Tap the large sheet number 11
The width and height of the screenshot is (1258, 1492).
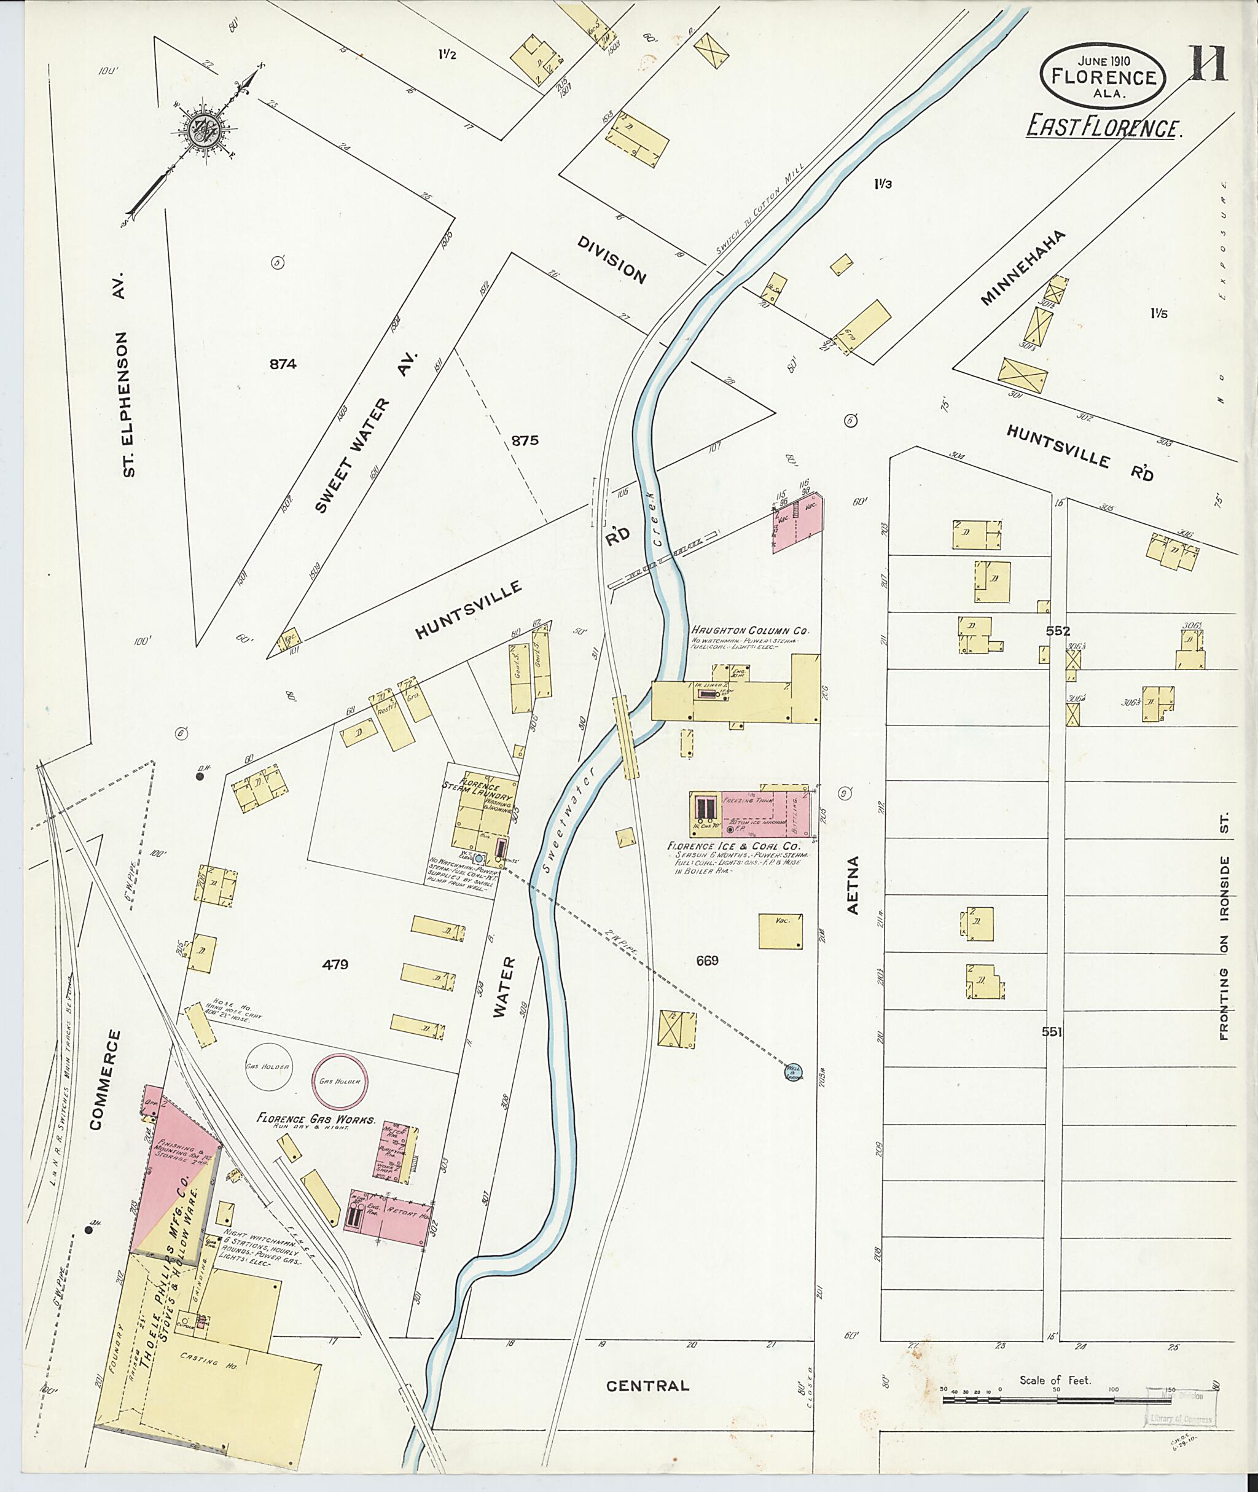click(x=1206, y=64)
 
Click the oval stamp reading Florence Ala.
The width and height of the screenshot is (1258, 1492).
click(x=1104, y=77)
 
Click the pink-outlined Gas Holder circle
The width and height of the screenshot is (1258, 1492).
click(x=340, y=1080)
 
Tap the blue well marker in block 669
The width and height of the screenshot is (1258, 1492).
click(x=793, y=1071)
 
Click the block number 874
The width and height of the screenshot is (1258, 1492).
click(x=283, y=364)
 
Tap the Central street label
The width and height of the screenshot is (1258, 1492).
click(x=647, y=1386)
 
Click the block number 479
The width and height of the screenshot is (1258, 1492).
click(x=335, y=965)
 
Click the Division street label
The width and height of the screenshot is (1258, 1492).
click(x=612, y=260)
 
